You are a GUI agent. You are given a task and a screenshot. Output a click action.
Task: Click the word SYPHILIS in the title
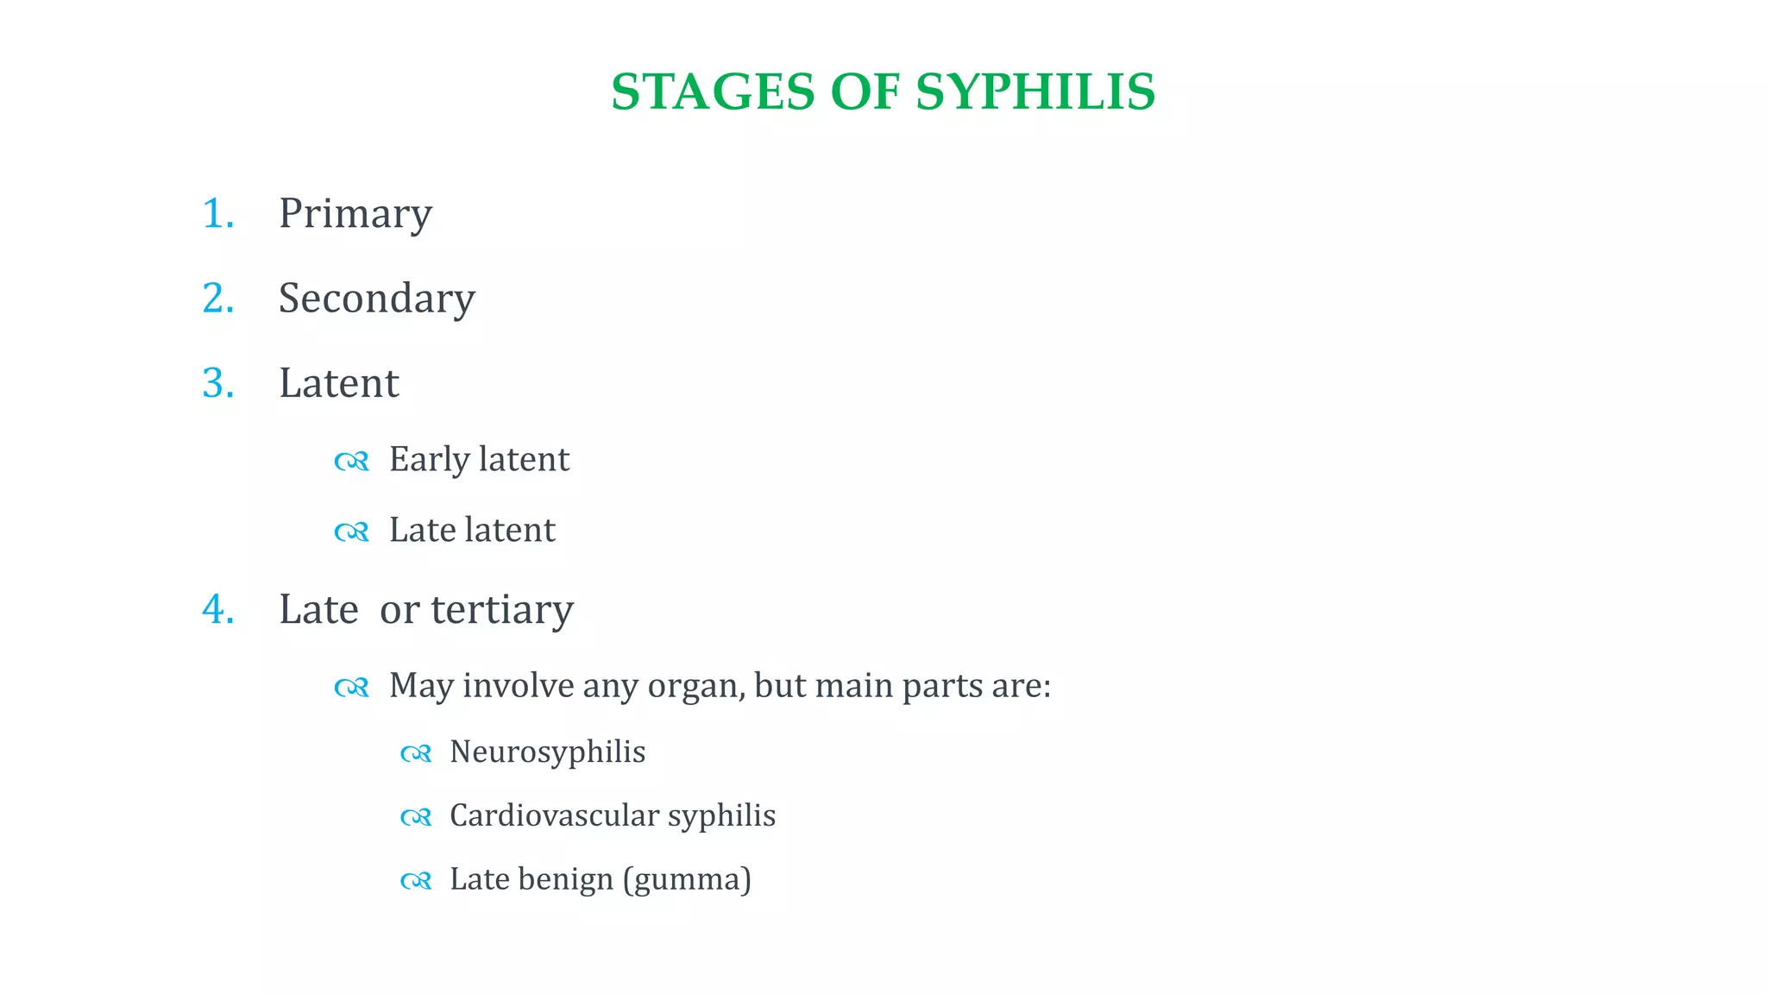tap(1034, 92)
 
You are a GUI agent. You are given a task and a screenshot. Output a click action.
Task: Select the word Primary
tap(355, 214)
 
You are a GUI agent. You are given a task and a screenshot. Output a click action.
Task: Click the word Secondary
tap(376, 299)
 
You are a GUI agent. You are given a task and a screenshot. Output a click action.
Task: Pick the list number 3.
tap(217, 383)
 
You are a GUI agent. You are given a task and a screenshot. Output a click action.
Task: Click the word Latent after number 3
tap(338, 383)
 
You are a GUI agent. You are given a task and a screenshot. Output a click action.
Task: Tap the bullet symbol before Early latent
tap(351, 462)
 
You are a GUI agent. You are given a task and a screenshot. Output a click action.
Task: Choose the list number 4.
tap(217, 610)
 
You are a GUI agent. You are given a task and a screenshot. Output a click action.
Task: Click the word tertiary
tap(501, 610)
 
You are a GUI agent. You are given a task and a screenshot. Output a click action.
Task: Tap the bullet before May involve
tap(351, 688)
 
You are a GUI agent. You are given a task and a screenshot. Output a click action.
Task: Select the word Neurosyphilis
tap(547, 752)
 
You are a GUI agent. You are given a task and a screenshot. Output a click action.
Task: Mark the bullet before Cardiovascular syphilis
tap(415, 817)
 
